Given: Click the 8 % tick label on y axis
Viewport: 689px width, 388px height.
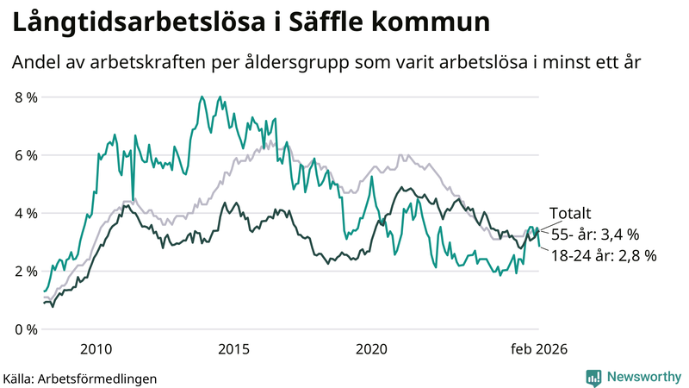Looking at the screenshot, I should click(26, 97).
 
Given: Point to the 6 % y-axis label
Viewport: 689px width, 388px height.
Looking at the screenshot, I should click(26, 155).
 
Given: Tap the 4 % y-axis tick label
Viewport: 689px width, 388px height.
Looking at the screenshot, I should click(26, 213).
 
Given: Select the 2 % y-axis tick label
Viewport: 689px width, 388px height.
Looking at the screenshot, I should click(26, 271).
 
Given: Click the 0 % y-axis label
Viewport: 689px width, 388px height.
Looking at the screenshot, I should click(26, 329).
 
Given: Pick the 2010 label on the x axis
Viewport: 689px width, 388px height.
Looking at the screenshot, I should click(96, 348).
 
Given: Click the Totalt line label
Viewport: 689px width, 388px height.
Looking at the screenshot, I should click(570, 215).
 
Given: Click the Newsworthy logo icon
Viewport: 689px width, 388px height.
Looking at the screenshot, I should click(593, 377).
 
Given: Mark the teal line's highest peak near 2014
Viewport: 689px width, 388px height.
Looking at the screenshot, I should click(202, 97).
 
